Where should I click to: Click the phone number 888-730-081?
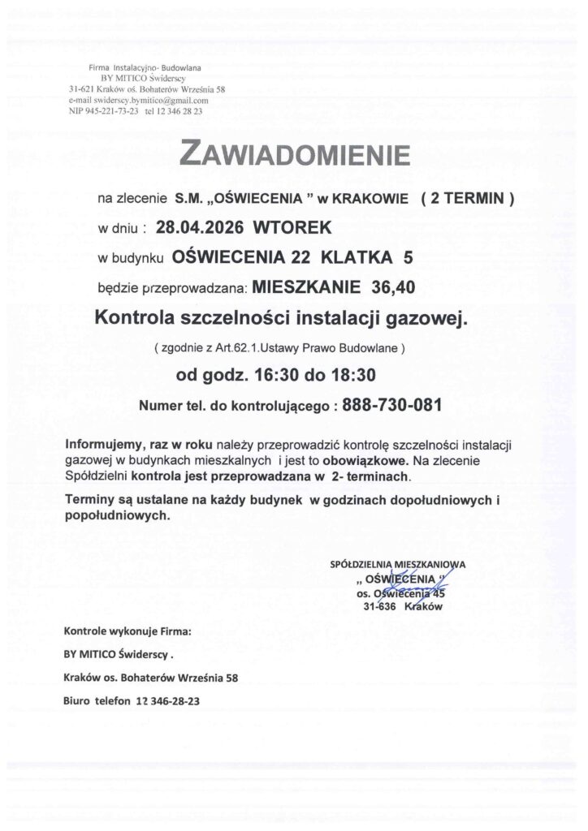392,405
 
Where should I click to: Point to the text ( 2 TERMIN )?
467,197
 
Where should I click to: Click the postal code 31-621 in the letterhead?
85,89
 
